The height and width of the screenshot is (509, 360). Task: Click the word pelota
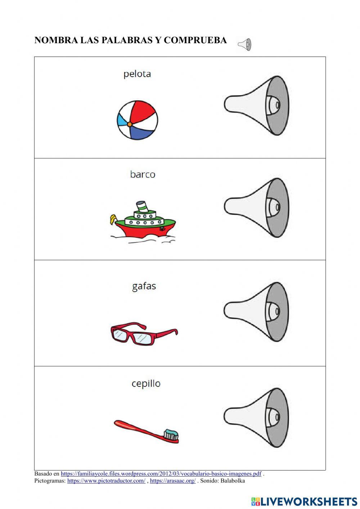pyautogui.click(x=137, y=74)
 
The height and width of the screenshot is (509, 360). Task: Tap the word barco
pyautogui.click(x=143, y=175)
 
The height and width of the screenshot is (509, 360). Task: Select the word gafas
pyautogui.click(x=144, y=286)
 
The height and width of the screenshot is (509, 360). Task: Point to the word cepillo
pyautogui.click(x=146, y=384)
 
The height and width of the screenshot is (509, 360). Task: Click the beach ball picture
pyautogui.click(x=138, y=120)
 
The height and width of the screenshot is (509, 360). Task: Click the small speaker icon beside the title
pyautogui.click(x=244, y=45)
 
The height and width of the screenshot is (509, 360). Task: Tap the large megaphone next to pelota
pyautogui.click(x=257, y=105)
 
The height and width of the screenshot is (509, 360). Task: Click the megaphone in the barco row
pyautogui.click(x=257, y=207)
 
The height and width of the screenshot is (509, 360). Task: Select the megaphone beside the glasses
pyautogui.click(x=257, y=312)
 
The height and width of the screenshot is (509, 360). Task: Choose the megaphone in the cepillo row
pyautogui.click(x=257, y=418)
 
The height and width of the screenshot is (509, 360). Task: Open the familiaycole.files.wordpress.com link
pyautogui.click(x=161, y=474)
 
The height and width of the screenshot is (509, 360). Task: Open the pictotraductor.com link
pyautogui.click(x=106, y=481)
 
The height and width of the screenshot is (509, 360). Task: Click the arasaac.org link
pyautogui.click(x=172, y=481)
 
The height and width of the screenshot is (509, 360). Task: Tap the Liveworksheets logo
pyautogui.click(x=304, y=501)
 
